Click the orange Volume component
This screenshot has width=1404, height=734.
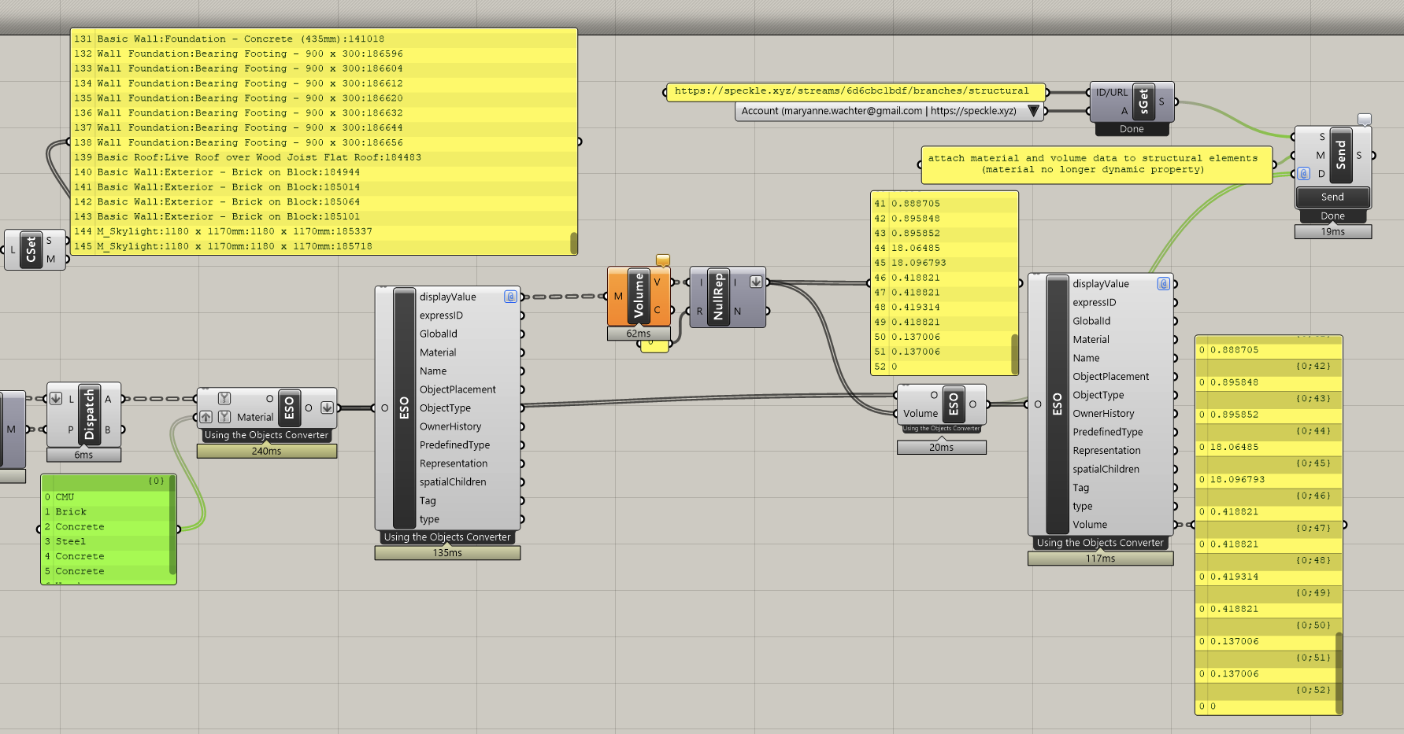(x=639, y=297)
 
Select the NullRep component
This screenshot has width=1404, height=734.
(x=718, y=297)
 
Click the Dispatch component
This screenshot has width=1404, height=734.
(x=89, y=415)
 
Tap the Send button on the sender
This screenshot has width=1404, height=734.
(x=1332, y=197)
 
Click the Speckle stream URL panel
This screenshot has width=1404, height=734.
(x=855, y=91)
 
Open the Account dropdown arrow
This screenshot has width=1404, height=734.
(x=1033, y=111)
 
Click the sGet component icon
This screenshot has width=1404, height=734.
(x=1144, y=101)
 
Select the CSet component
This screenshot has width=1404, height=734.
(x=31, y=250)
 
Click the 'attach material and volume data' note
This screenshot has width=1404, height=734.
(x=1096, y=164)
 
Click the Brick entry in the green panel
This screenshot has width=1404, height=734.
(x=71, y=511)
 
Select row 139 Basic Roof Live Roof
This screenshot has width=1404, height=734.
(x=260, y=157)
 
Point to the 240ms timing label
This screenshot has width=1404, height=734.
(x=266, y=452)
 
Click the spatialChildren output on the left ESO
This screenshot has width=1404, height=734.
(x=453, y=482)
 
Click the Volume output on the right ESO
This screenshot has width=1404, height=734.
(x=1090, y=525)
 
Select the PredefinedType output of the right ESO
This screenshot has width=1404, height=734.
(x=1107, y=432)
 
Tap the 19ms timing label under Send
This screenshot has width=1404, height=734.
(x=1332, y=231)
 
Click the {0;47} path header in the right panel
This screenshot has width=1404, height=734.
(x=1313, y=528)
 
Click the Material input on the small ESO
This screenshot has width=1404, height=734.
(x=255, y=417)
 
